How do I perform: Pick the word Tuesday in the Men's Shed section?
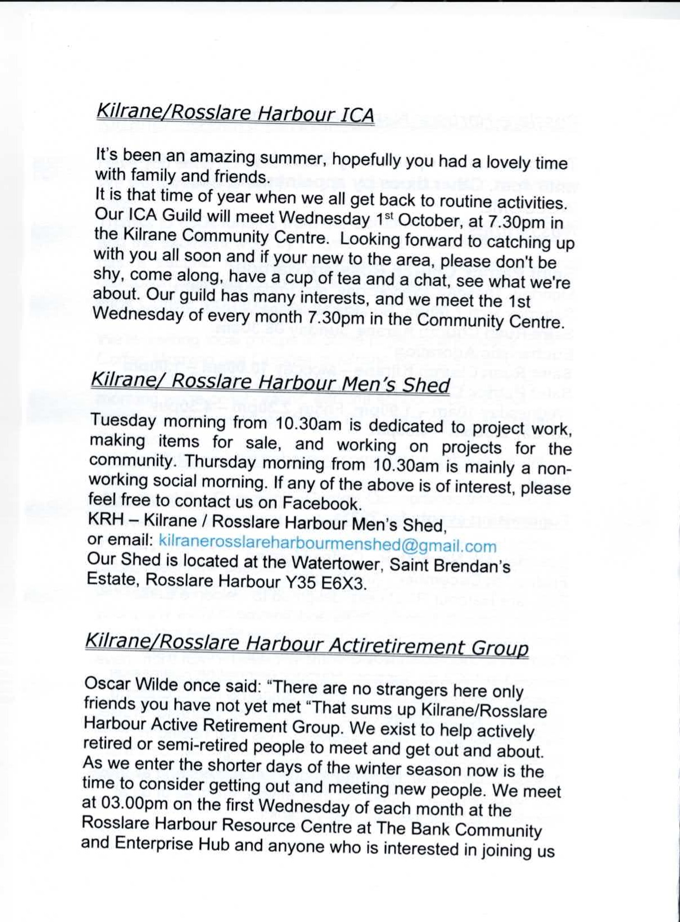pyautogui.click(x=123, y=421)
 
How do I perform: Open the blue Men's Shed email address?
pyautogui.click(x=328, y=545)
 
